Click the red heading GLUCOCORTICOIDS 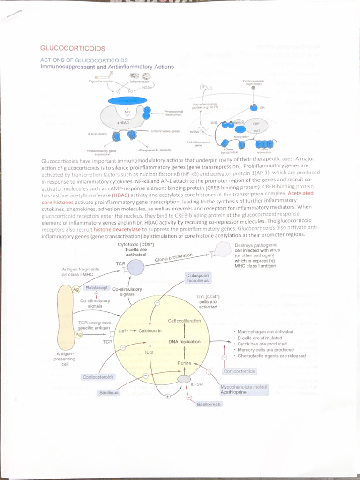pyautogui.click(x=73, y=48)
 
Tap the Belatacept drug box pyautogui.click(x=97, y=287)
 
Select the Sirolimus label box pyautogui.click(x=109, y=392)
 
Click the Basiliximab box pyautogui.click(x=209, y=404)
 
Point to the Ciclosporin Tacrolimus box pyautogui.click(x=197, y=277)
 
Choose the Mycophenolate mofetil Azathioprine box pyautogui.click(x=244, y=390)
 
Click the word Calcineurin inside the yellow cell pyautogui.click(x=150, y=330)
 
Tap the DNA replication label pyautogui.click(x=184, y=342)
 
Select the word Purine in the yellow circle pyautogui.click(x=184, y=363)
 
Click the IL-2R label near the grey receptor pyautogui.click(x=197, y=384)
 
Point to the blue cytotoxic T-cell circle pyautogui.click(x=135, y=268)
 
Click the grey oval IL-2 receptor pyautogui.click(x=184, y=379)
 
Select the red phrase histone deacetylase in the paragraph pyautogui.click(x=118, y=230)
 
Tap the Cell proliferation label pyautogui.click(x=184, y=321)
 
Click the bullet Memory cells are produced pyautogui.click(x=266, y=350)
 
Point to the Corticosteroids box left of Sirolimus pyautogui.click(x=98, y=377)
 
